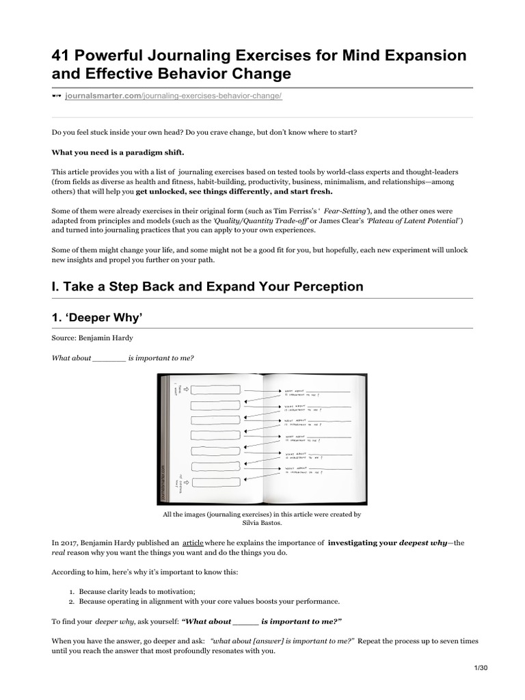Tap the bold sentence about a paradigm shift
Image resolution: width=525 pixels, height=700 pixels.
pos(118,151)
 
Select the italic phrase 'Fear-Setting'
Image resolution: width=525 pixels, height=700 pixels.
pos(349,212)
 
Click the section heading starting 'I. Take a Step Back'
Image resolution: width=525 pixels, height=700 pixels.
pos(208,286)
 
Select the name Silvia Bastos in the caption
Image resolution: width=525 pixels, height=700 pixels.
pos(262,522)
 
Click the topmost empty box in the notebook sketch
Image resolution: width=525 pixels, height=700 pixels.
pos(215,391)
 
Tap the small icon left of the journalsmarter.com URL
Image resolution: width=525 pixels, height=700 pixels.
pos(57,96)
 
